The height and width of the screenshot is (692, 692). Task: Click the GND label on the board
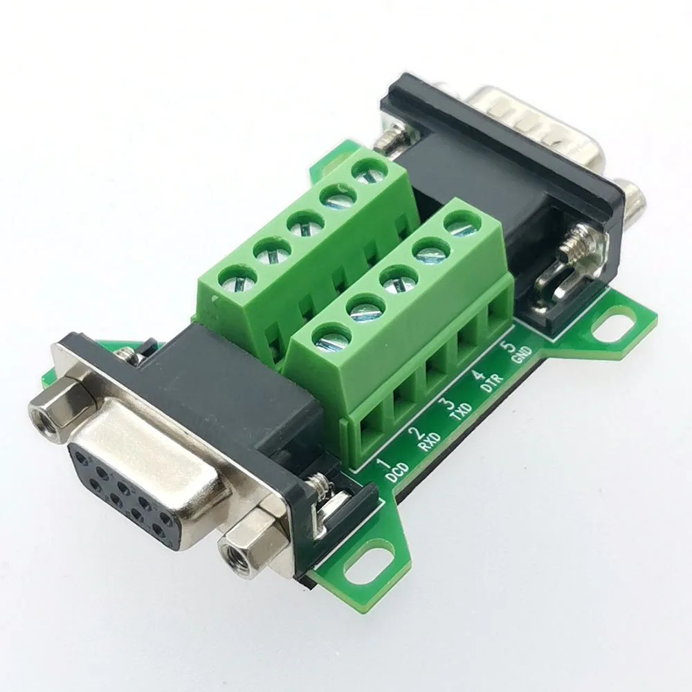(x=520, y=354)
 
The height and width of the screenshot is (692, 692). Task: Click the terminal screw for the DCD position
(x=332, y=337)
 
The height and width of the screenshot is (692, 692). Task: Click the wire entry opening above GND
(x=496, y=320)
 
